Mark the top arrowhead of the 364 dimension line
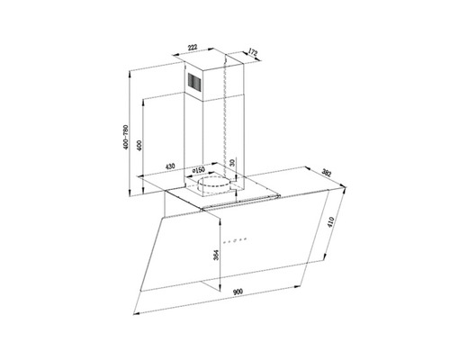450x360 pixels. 217,215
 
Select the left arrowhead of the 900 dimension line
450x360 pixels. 135,313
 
